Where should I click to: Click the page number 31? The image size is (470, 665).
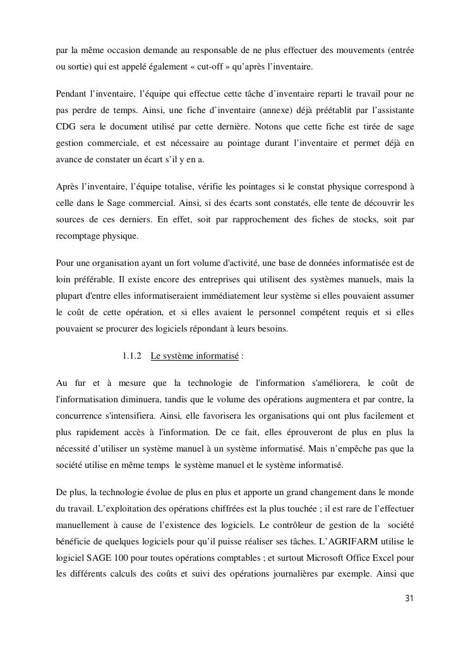click(x=408, y=599)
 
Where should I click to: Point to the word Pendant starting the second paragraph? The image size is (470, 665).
click(x=72, y=94)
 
